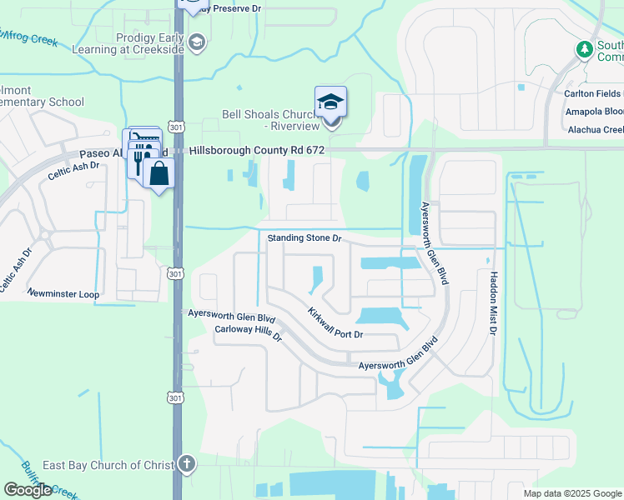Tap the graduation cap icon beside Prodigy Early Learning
tap(197, 43)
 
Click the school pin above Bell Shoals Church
tap(330, 102)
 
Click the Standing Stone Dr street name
tap(305, 238)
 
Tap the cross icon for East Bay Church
tap(188, 463)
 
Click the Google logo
tap(28, 490)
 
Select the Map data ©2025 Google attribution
tap(571, 493)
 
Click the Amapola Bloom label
tap(595, 112)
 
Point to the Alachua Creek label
tap(595, 129)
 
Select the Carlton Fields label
tap(595, 93)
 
